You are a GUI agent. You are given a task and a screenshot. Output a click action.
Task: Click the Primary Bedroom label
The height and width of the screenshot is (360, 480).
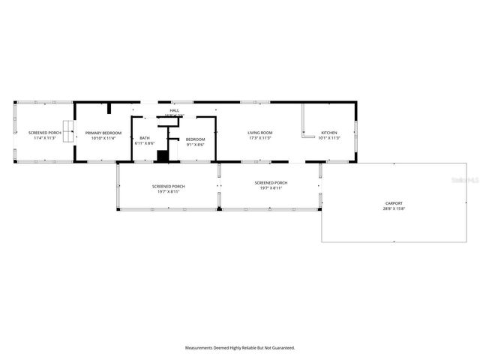pyautogui.click(x=103, y=133)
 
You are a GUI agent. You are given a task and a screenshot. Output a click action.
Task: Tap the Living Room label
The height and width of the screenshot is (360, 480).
pyautogui.click(x=259, y=133)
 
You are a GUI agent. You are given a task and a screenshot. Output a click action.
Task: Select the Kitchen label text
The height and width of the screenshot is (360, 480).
pyautogui.click(x=329, y=133)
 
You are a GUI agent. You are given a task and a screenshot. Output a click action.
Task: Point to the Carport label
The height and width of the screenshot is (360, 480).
pyautogui.click(x=394, y=203)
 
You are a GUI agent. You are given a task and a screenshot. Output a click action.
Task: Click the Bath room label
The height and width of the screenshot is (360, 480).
pyautogui.click(x=145, y=138)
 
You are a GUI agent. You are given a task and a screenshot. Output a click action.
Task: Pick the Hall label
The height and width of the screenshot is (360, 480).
pyautogui.click(x=175, y=111)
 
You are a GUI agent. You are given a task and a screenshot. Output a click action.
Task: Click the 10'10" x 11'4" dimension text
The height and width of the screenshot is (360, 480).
pyautogui.click(x=103, y=138)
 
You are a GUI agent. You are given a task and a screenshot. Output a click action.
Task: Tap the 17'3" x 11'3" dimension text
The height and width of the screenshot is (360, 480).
pyautogui.click(x=259, y=138)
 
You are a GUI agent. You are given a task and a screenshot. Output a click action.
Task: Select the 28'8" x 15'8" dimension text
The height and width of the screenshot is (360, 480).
pyautogui.click(x=394, y=208)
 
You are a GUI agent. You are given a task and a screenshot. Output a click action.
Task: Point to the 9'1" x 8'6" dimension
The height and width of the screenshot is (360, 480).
pyautogui.click(x=196, y=144)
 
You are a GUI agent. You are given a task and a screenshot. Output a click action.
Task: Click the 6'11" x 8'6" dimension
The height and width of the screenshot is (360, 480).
pyautogui.click(x=145, y=143)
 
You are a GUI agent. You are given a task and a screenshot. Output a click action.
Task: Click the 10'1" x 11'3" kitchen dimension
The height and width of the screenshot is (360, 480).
pyautogui.click(x=329, y=138)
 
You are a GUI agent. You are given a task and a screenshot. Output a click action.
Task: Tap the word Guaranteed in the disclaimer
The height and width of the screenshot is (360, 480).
pyautogui.click(x=280, y=348)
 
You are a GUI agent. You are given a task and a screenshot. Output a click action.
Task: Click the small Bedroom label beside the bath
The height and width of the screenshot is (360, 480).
pyautogui.click(x=196, y=139)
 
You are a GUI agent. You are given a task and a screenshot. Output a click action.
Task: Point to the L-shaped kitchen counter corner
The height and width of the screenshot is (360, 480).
pyautogui.click(x=304, y=137)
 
